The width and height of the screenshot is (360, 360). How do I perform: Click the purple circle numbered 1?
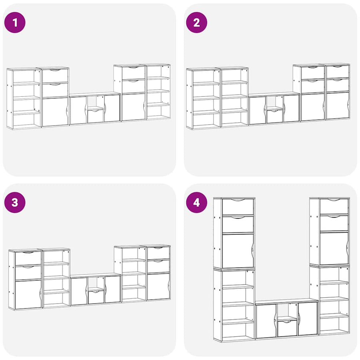pos(15,22)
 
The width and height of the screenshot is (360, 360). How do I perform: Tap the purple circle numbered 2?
pos(196,22)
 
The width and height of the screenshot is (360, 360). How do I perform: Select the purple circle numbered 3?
pos(15,202)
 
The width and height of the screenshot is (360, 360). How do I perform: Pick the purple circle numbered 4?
pos(196,202)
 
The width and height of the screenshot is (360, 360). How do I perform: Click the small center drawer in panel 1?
pos(96,116)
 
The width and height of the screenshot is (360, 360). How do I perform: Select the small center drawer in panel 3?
pos(96,297)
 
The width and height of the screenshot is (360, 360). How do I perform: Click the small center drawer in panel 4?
pos(287,328)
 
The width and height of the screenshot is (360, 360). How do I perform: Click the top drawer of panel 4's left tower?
pos(238,207)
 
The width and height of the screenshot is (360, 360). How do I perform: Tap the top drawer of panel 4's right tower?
pos(334,206)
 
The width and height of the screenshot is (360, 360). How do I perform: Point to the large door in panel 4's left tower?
pos(238,250)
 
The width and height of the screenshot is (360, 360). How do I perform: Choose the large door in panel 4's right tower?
pos(334,249)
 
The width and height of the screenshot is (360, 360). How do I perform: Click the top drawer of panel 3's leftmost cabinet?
pos(28,258)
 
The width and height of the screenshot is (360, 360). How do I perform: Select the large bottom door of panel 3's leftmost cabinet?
pos(28,294)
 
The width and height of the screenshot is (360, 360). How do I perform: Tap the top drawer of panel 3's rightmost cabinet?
pos(158,253)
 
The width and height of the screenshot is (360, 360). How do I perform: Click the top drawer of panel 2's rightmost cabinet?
pos(338,72)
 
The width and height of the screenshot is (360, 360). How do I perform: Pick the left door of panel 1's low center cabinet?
pos(78,110)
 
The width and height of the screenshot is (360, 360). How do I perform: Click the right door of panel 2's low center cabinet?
pos(292,108)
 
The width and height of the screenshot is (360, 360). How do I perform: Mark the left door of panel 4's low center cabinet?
pos(266,321)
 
